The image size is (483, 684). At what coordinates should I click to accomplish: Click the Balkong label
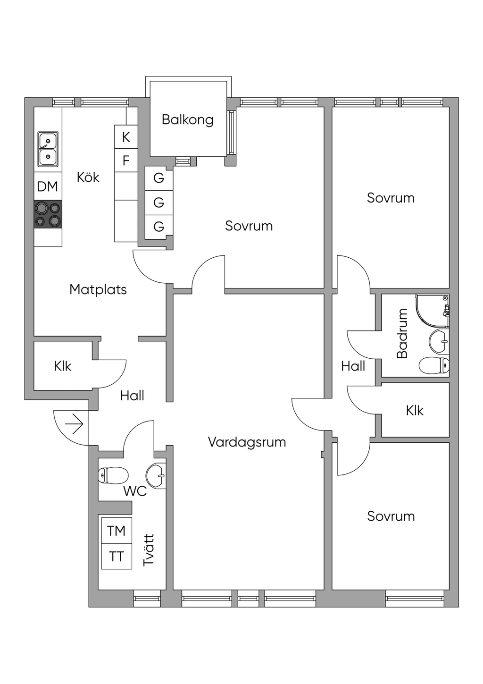coord(187,120)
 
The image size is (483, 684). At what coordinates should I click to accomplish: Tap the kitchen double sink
coord(48,149)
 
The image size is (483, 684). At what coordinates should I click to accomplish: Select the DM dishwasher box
coord(48,186)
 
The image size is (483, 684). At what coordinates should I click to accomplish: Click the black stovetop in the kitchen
coord(48,214)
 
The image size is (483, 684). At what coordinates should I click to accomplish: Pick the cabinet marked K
coord(126,137)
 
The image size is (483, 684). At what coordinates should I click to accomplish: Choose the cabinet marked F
coord(126,160)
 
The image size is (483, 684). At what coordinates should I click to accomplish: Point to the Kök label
coord(88,177)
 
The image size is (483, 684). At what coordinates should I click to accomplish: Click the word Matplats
coord(98,289)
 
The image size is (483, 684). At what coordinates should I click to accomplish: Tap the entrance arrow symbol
coord(74,424)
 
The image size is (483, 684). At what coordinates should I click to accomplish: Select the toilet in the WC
coord(113,475)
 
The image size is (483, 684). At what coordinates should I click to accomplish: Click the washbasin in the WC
coord(156,475)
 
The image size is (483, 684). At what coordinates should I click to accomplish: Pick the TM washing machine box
coord(116,531)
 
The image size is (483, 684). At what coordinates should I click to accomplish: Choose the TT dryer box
coord(116,557)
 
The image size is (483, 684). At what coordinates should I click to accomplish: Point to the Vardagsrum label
coord(247,442)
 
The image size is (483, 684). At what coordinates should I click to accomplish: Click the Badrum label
coord(402,333)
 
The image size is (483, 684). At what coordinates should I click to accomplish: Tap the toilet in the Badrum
coord(434,365)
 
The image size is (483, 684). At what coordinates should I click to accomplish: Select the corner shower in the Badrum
coord(432,312)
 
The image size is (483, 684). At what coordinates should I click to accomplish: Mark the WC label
coord(135,491)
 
